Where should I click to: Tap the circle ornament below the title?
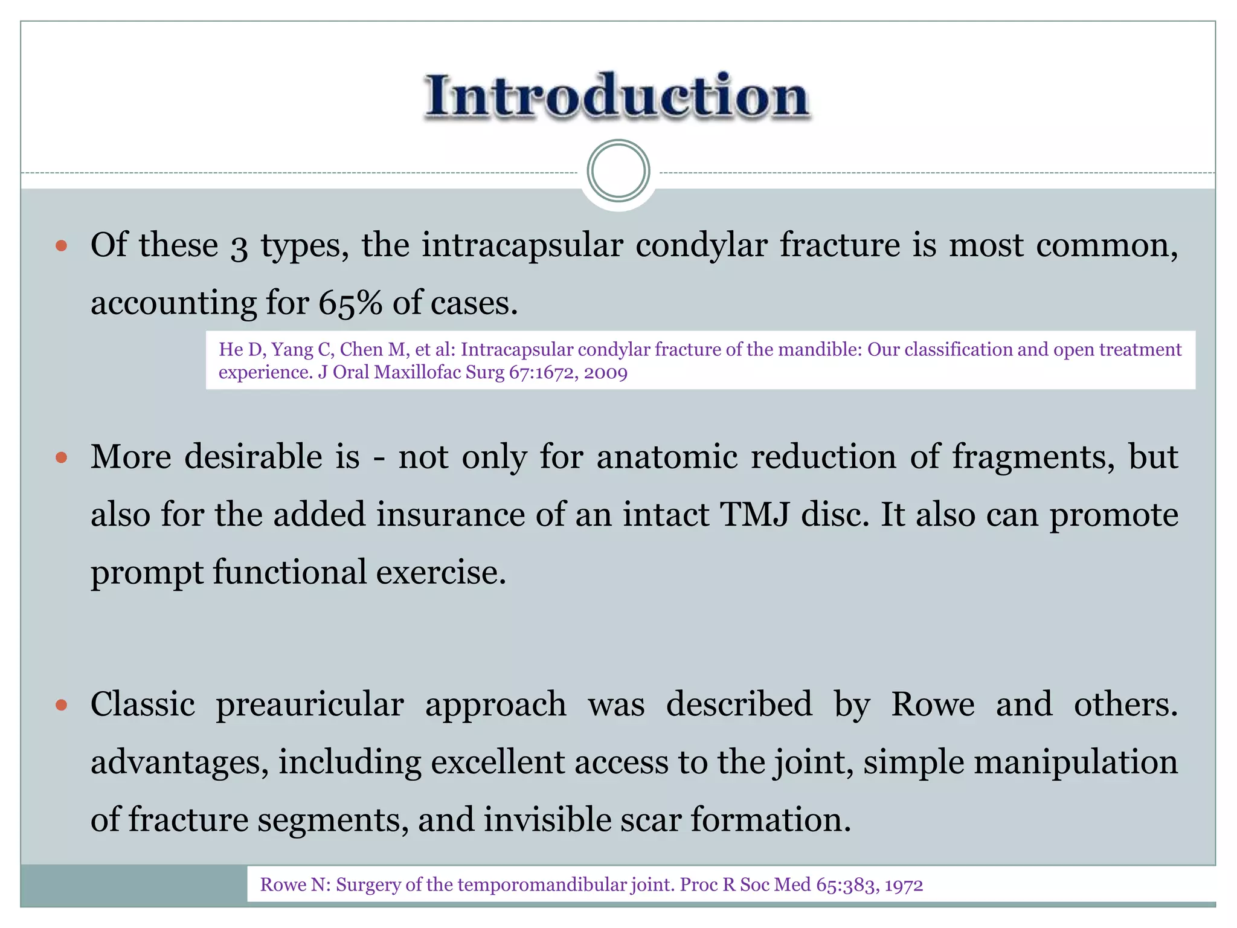click(x=618, y=171)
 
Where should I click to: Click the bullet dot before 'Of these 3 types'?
click(x=61, y=246)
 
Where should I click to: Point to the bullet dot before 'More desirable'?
click(x=61, y=457)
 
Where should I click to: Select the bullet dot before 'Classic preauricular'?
click(x=61, y=704)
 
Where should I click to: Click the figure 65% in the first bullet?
click(x=350, y=303)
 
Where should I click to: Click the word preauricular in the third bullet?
click(x=310, y=704)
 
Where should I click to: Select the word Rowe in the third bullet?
click(x=933, y=704)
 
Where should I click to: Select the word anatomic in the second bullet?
click(x=667, y=457)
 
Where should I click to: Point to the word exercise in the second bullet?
click(x=441, y=572)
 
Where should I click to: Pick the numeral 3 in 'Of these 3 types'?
click(x=239, y=248)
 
